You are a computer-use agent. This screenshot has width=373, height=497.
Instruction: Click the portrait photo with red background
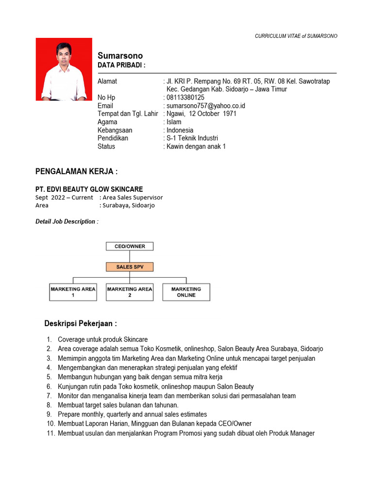pyautogui.click(x=64, y=69)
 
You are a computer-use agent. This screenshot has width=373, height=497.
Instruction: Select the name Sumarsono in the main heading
pyautogui.click(x=120, y=56)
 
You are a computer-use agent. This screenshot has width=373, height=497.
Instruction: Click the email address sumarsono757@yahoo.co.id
pyautogui.click(x=205, y=106)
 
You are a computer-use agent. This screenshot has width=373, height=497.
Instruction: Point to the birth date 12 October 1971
pyautogui.click(x=210, y=114)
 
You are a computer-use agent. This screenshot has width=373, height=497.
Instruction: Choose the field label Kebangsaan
pyautogui.click(x=115, y=130)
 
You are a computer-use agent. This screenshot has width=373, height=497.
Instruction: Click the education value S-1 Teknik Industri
pyautogui.click(x=192, y=138)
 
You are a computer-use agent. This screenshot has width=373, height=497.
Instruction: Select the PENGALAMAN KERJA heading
pyautogui.click(x=76, y=172)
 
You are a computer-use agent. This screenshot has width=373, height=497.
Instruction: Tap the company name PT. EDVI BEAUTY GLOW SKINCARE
pyautogui.click(x=89, y=189)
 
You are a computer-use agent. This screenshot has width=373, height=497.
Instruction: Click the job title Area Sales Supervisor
pyautogui.click(x=133, y=198)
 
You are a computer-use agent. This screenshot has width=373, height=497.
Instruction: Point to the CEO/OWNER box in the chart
pyautogui.click(x=129, y=246)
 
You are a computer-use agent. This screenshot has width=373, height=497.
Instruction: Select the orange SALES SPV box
pyautogui.click(x=129, y=267)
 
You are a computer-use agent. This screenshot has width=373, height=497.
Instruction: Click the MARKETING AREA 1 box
pyautogui.click(x=73, y=292)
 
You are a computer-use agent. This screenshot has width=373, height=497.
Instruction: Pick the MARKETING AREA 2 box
pyautogui.click(x=129, y=292)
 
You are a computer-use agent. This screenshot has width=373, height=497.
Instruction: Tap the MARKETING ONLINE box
pyautogui.click(x=186, y=292)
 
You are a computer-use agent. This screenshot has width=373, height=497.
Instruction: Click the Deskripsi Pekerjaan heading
pyautogui.click(x=80, y=324)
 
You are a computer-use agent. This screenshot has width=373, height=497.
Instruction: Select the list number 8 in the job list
pyautogui.click(x=49, y=405)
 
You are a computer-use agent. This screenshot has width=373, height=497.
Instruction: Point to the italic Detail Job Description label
pyautogui.click(x=67, y=222)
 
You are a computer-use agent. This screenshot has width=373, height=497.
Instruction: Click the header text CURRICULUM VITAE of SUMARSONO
pyautogui.click(x=296, y=36)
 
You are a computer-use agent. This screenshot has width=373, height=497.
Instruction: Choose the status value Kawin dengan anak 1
pyautogui.click(x=196, y=147)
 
